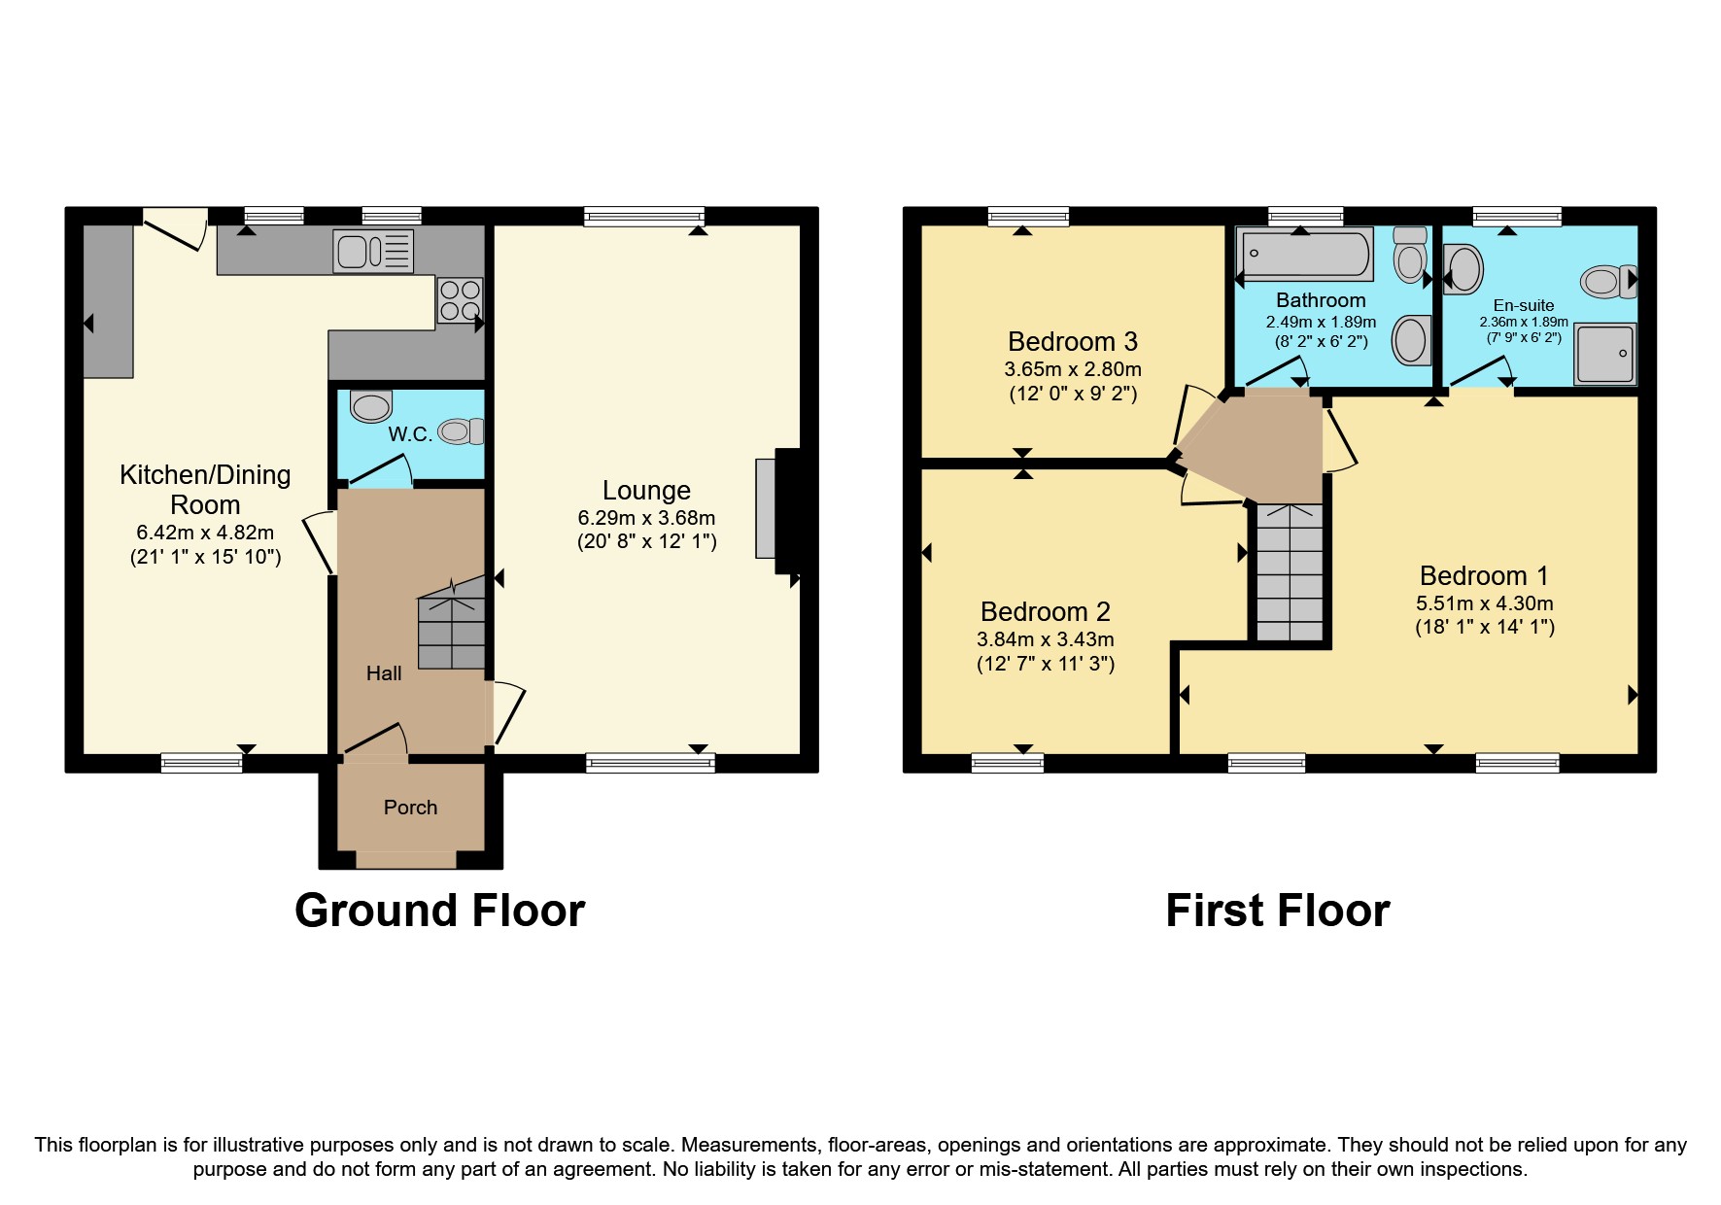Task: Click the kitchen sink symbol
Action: point(373,252)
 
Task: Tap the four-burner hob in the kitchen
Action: point(460,300)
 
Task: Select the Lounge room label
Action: point(646,491)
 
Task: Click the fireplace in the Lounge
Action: point(777,510)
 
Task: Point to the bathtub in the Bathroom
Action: point(1304,254)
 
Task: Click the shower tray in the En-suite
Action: point(1605,354)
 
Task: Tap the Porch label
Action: point(410,808)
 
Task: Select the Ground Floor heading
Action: point(439,911)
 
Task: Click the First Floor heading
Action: point(1277,911)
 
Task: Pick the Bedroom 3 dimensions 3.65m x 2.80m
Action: point(1072,369)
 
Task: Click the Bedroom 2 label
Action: point(1045,611)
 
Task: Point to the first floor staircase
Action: point(1290,572)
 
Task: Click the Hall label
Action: point(384,673)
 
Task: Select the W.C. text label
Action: point(410,434)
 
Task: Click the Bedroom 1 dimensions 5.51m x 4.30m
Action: point(1484,603)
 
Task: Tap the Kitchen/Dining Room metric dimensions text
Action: point(205,533)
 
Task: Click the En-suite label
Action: point(1523,305)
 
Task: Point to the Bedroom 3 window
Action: point(1028,217)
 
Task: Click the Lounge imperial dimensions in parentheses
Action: point(646,542)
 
